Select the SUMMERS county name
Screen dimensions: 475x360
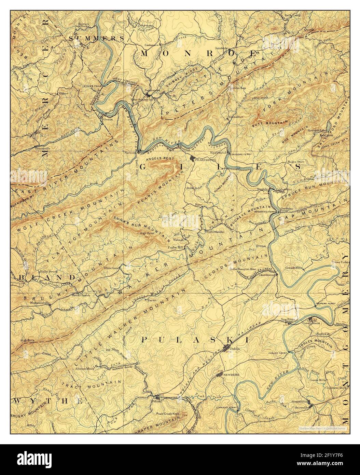pos(97,38)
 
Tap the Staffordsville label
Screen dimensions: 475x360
pos(214,232)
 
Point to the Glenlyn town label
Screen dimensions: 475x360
pos(108,119)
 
